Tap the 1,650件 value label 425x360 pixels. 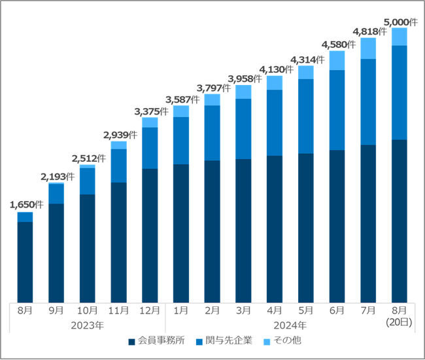[x=26, y=205]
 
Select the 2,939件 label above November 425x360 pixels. [x=120, y=135]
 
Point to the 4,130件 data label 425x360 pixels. [x=275, y=69]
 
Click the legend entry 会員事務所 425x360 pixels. [x=161, y=341]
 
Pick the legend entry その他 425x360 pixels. [x=284, y=341]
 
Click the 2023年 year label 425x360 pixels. [x=88, y=324]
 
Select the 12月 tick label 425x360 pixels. [x=150, y=310]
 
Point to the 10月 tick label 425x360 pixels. [x=88, y=310]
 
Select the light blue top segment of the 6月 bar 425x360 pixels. [x=337, y=60]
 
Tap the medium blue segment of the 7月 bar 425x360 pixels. [x=368, y=101]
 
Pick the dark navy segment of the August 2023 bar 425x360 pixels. [x=25, y=262]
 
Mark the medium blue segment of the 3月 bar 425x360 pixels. [x=243, y=128]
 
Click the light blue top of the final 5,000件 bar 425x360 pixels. [x=399, y=37]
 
